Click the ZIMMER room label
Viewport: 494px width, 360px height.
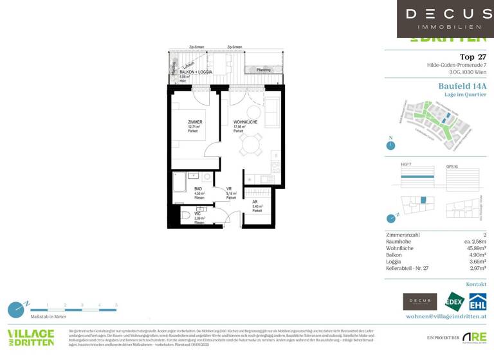pos(195,122)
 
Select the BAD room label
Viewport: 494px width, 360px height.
pos(198,189)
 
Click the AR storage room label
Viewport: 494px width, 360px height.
pos(255,201)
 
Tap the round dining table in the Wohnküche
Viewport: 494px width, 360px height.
pos(251,145)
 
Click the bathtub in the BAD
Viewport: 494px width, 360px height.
pos(181,183)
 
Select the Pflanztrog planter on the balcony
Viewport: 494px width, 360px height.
pos(264,69)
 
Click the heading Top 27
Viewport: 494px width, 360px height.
pos(473,57)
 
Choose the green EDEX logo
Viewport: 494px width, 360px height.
pos(453,301)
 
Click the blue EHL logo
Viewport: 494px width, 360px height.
pos(477,301)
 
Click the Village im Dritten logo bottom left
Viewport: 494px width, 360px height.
pos(30,337)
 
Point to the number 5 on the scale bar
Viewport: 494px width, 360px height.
pos(116,305)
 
